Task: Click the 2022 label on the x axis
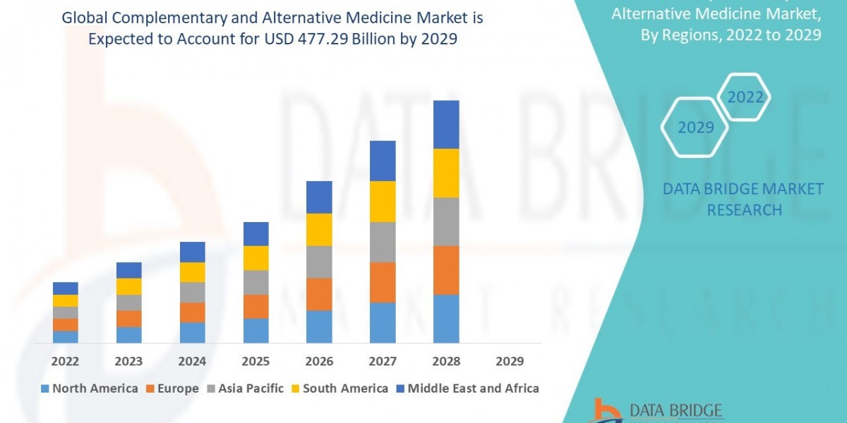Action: click(65, 361)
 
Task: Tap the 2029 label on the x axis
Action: click(510, 361)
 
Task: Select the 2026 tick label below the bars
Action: click(319, 361)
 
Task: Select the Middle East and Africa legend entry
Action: click(467, 388)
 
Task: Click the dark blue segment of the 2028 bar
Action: click(446, 124)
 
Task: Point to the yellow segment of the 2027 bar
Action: click(383, 202)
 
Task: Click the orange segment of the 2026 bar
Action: click(319, 294)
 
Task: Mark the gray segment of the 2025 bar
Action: click(256, 282)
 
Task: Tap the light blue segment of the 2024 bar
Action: click(192, 333)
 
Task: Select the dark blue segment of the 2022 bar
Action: click(65, 288)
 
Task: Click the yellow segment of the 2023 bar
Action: click(128, 286)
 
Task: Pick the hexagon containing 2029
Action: click(695, 128)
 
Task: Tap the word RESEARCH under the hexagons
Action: click(743, 210)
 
